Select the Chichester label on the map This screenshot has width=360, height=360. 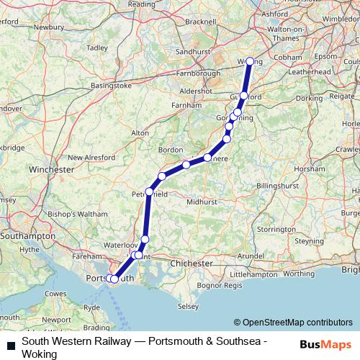pos(191,264)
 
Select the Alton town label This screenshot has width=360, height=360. pos(140,133)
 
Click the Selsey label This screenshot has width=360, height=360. pos(188,307)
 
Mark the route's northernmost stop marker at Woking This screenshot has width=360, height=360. pos(250,62)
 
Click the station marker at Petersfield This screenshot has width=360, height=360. pos(149,192)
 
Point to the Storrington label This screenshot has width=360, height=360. pos(276,229)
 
